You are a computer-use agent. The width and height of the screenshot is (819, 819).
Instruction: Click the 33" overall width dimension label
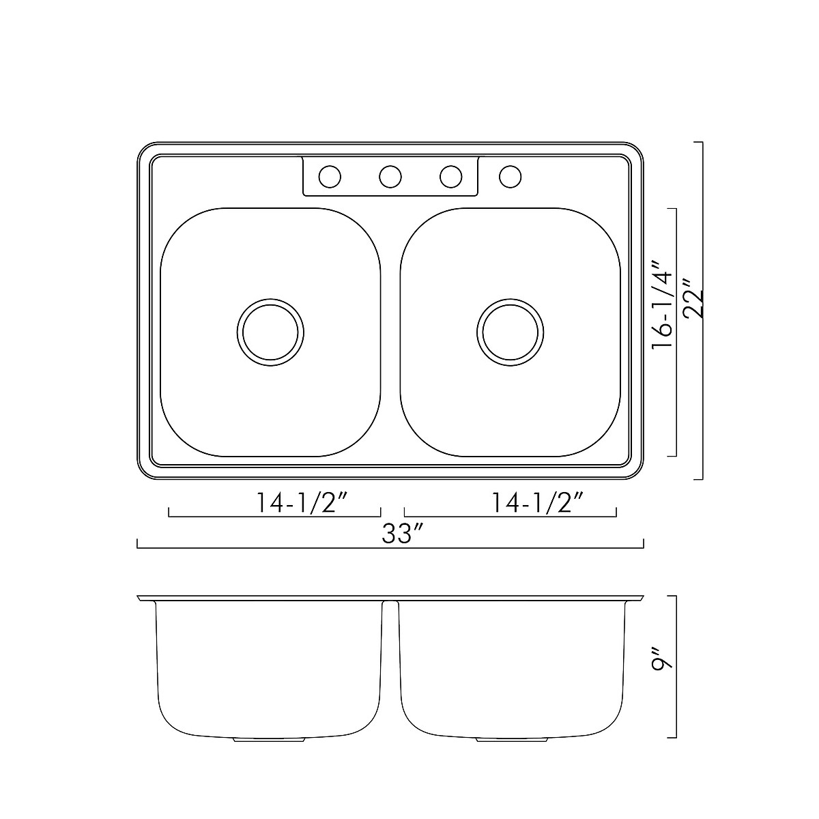coord(397,534)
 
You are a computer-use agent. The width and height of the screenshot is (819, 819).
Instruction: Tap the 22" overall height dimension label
coord(693,304)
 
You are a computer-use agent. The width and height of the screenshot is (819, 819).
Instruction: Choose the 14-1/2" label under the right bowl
coord(536,503)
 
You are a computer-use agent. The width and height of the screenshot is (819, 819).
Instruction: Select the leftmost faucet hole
coord(330,177)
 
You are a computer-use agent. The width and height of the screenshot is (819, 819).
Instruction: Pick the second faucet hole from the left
coord(390,177)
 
